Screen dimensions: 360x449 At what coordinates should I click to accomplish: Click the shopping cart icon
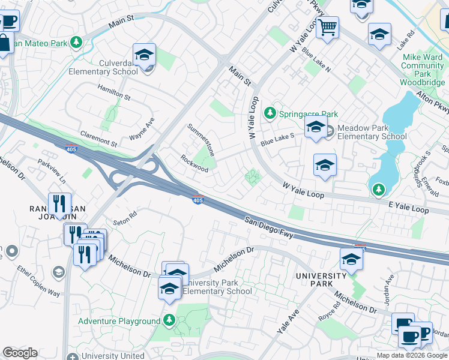[327, 26]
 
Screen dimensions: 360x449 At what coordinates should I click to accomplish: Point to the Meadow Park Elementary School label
[372, 132]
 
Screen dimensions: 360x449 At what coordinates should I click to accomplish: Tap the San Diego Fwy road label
[269, 227]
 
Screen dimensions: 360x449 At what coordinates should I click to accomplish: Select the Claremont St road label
[98, 140]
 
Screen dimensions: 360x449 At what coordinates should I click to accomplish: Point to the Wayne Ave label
[142, 129]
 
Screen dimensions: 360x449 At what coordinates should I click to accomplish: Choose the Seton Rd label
[126, 217]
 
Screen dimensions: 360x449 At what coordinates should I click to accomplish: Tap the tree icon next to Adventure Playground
[169, 320]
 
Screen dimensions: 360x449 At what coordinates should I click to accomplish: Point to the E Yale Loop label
[408, 209]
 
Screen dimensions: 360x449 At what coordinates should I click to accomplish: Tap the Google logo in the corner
[20, 353]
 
